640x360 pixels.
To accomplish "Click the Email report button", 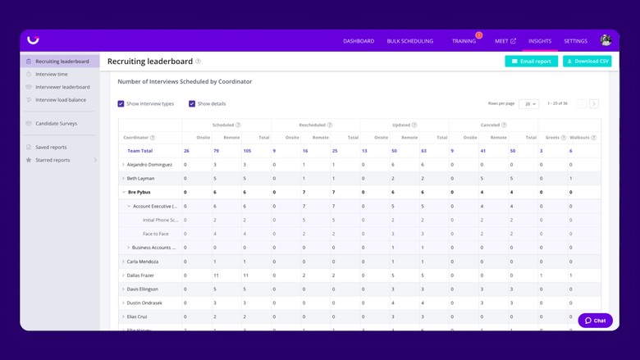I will (532, 62).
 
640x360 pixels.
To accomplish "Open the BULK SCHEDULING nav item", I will (409, 41).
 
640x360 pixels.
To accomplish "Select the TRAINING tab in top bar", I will (464, 41).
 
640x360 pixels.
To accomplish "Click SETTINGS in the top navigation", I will (575, 41).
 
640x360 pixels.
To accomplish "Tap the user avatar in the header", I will (606, 40).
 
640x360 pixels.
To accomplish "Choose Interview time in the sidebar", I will (51, 74).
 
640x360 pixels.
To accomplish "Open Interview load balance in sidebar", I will (60, 100).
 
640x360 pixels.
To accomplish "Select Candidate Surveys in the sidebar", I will (56, 124).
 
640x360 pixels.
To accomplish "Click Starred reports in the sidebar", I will (53, 160).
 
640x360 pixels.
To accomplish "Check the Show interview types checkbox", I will (121, 103).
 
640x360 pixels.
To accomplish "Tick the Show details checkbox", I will (192, 103).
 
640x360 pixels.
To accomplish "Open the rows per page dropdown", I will (529, 103).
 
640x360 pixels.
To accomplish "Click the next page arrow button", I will (594, 103).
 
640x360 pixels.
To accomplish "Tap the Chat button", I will (595, 321).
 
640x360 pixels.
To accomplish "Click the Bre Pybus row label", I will (139, 192).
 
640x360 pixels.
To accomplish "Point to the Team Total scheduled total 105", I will (247, 151).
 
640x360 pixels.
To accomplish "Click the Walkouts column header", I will (580, 138).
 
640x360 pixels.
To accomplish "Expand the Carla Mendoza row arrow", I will (124, 262).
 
